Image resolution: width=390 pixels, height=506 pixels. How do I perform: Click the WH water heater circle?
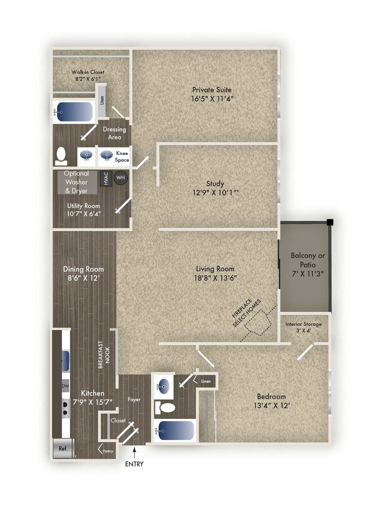coord(121,178)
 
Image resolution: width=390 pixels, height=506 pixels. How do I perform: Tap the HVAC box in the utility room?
coord(106,178)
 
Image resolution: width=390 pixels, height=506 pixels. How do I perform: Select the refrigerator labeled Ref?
coord(63,448)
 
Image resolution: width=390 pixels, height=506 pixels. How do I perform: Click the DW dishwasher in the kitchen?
coord(65,386)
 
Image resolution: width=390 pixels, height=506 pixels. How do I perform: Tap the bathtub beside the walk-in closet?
coord(74,112)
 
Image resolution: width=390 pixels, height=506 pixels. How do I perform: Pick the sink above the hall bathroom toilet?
coord(164,386)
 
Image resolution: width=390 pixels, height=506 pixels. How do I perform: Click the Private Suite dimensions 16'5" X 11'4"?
coord(212,99)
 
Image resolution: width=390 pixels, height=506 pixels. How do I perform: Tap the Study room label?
coord(215,184)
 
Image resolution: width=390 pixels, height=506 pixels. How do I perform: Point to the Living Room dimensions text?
coord(215,278)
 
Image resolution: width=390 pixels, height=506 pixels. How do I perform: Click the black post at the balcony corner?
coord(330,222)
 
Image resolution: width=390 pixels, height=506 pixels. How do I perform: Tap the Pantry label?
coord(108,451)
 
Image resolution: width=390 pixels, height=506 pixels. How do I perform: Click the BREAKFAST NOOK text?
coord(104,355)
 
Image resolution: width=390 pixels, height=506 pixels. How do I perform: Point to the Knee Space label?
coord(122,157)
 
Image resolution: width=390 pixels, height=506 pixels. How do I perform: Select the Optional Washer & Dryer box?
coord(77,182)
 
